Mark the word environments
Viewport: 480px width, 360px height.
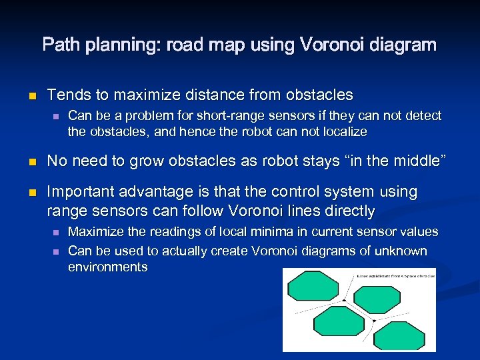click(107, 267)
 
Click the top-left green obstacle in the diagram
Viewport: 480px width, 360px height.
click(313, 286)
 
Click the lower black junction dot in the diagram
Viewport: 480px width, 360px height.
click(374, 321)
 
